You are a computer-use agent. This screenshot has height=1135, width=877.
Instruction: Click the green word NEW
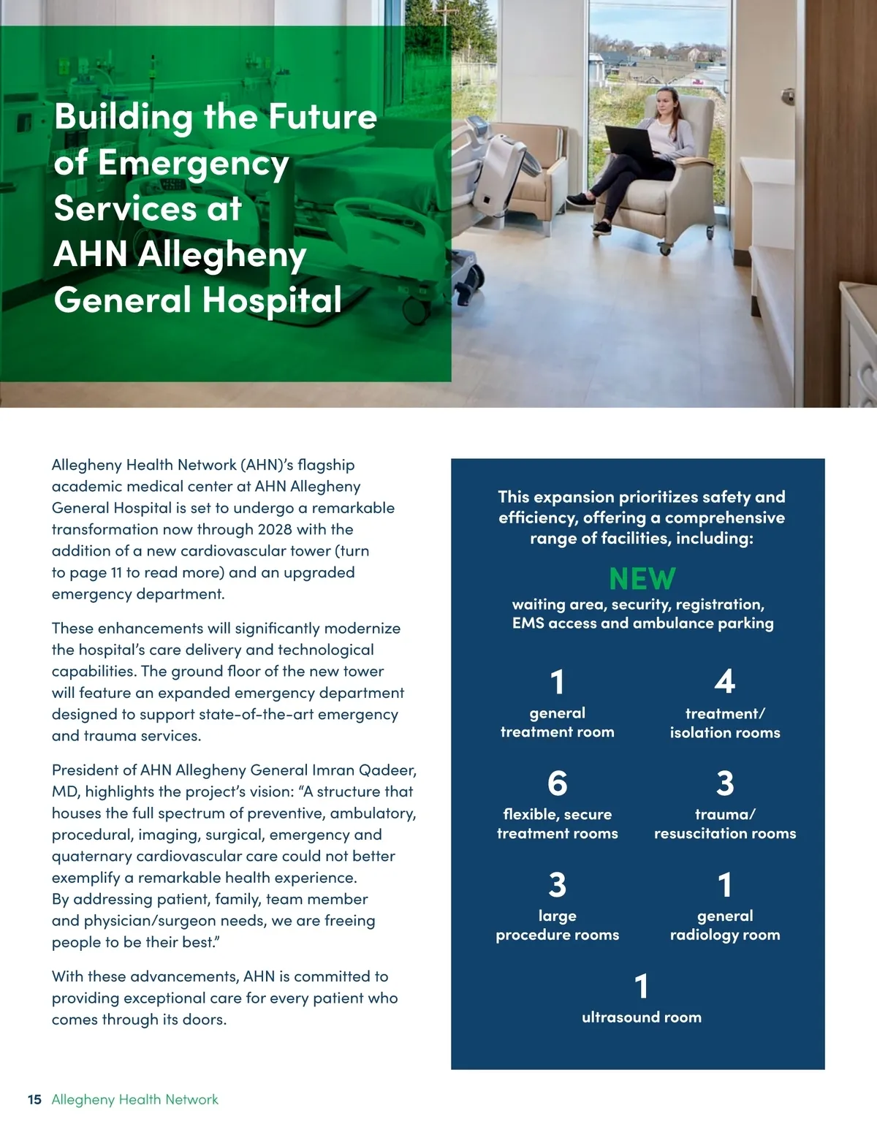point(642,579)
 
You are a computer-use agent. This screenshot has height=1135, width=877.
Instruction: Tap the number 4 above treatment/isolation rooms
point(724,681)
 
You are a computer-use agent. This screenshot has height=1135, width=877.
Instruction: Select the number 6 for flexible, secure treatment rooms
point(557,783)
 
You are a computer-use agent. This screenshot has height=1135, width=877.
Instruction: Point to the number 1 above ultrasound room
point(641,986)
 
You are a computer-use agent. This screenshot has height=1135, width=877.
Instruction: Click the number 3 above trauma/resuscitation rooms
point(724,783)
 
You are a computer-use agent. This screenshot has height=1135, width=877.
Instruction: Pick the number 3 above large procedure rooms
point(557,884)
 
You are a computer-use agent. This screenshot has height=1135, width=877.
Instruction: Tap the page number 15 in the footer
point(34,1099)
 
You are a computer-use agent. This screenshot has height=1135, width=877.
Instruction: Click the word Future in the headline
point(322,117)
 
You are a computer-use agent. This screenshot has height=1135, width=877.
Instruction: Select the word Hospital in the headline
point(271,300)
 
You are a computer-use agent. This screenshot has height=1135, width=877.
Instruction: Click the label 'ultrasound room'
point(641,1017)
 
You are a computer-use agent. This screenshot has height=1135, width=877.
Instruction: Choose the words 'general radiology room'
point(724,925)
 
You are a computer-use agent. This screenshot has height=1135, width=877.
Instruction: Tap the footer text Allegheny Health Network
point(135,1099)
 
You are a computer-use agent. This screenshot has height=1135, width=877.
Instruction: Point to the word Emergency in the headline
point(194,163)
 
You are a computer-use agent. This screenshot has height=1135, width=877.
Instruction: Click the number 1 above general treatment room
point(557,681)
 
